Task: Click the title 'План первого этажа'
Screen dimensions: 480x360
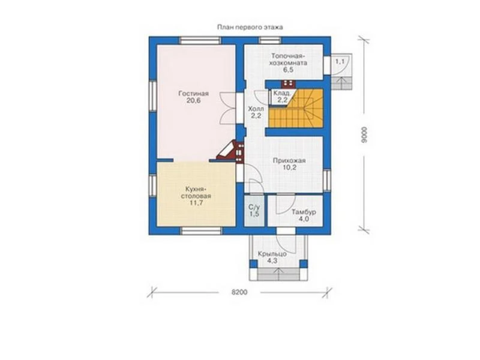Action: (250, 27)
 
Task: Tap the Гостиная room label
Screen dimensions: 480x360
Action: (193, 94)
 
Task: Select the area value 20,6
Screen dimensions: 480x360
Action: (193, 101)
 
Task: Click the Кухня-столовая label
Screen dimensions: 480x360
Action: (196, 192)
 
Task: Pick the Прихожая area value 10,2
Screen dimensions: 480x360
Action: (290, 168)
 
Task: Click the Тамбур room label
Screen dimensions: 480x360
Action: (304, 212)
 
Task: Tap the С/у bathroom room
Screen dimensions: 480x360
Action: (254, 211)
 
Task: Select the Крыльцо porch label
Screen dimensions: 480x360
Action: (272, 254)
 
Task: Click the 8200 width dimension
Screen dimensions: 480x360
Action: (239, 292)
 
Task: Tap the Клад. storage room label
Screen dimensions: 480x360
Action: (281, 93)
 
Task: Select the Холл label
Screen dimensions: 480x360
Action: (256, 109)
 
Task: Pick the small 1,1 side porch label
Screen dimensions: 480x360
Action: (340, 62)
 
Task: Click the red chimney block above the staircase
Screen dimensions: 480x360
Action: (288, 83)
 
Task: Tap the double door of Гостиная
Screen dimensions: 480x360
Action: (228, 109)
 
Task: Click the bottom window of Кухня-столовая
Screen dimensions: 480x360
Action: (201, 231)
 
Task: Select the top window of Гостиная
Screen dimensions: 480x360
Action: (200, 41)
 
